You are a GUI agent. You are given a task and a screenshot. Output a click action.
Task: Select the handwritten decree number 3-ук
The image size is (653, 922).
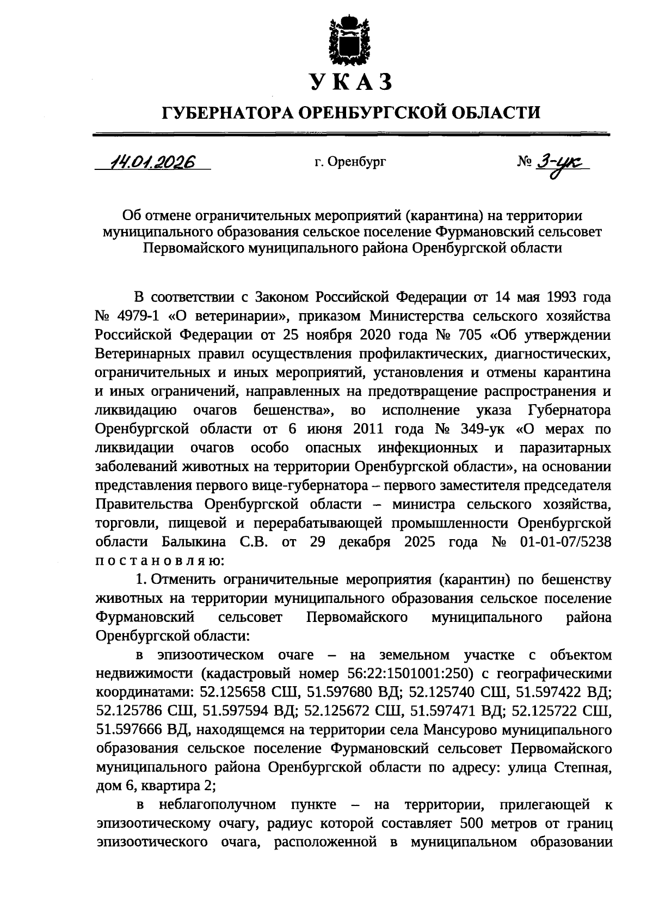coord(563,162)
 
